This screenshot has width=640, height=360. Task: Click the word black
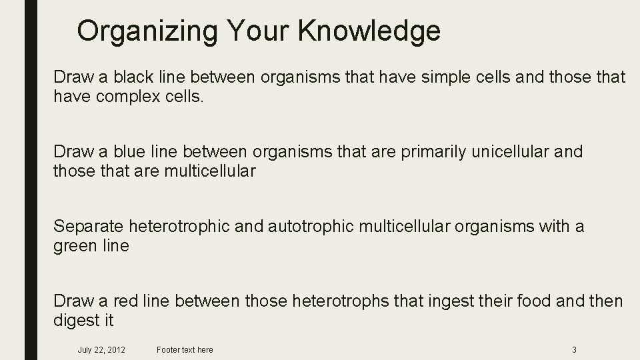click(131, 78)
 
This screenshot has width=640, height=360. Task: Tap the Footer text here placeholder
click(185, 350)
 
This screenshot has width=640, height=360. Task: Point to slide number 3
click(574, 350)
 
